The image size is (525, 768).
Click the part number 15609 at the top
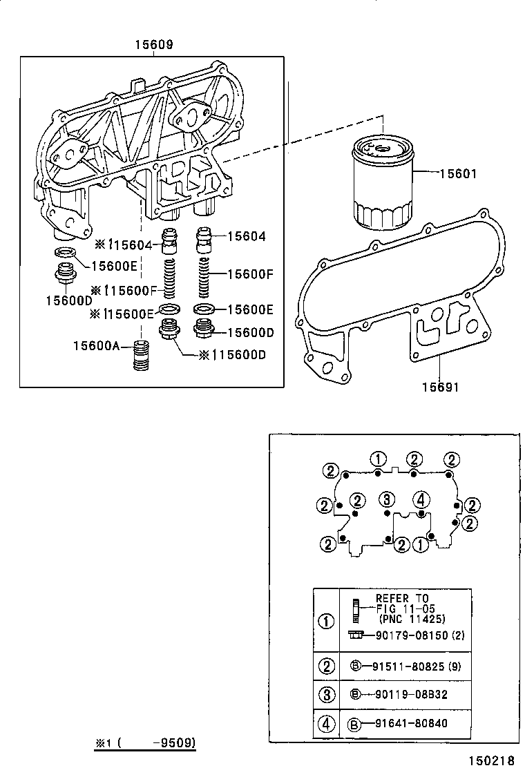pos(153,46)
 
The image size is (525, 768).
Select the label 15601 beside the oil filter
pos(459,174)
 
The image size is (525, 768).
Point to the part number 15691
pos(441,387)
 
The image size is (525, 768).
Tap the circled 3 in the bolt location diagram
pos(388,499)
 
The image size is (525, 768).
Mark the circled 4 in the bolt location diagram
pos(420,499)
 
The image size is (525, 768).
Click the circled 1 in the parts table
pos(326,620)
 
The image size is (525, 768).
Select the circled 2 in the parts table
pos(326,666)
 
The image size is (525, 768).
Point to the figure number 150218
pos(491,759)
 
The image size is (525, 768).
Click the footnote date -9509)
pos(176,743)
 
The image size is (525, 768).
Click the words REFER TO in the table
pos(402,598)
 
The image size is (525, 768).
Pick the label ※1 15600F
pos(124,290)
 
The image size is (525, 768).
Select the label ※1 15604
pos(126,244)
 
